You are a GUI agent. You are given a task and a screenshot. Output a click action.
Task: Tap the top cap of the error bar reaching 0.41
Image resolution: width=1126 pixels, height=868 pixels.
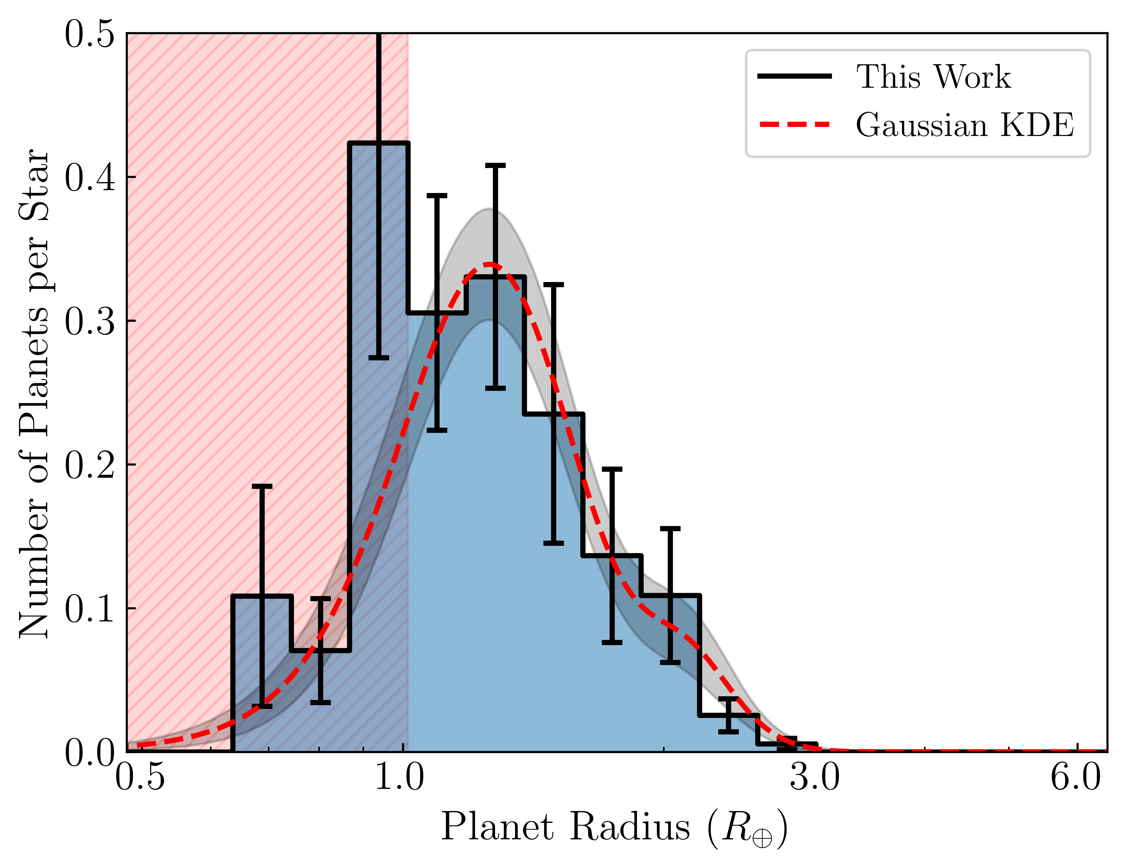tap(495, 166)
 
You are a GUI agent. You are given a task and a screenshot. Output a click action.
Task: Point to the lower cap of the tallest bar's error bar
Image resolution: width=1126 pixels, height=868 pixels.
tap(379, 357)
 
